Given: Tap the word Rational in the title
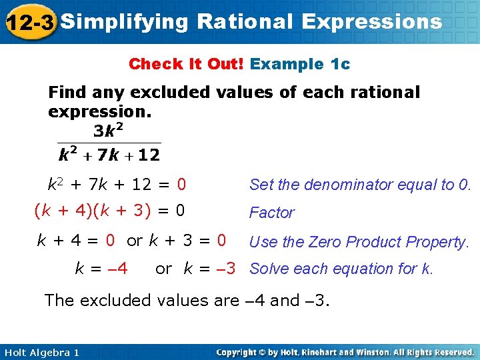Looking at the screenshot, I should coord(245,21).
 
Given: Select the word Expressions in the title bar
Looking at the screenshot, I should coord(371,21).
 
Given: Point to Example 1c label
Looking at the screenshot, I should coord(300,64).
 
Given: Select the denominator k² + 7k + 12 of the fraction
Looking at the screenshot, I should coord(109,156).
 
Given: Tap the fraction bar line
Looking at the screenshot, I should coord(109,142).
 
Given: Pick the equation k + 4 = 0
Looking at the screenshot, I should coord(75,240).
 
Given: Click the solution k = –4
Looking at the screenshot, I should coord(101,269).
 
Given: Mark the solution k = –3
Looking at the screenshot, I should coord(209,269).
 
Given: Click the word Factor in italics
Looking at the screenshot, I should coord(271,213).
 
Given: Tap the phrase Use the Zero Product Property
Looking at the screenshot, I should coord(359,241).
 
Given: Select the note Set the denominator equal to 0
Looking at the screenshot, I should coord(360,184).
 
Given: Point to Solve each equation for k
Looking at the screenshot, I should coord(341,269).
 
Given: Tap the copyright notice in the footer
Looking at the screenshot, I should coord(345,353).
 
